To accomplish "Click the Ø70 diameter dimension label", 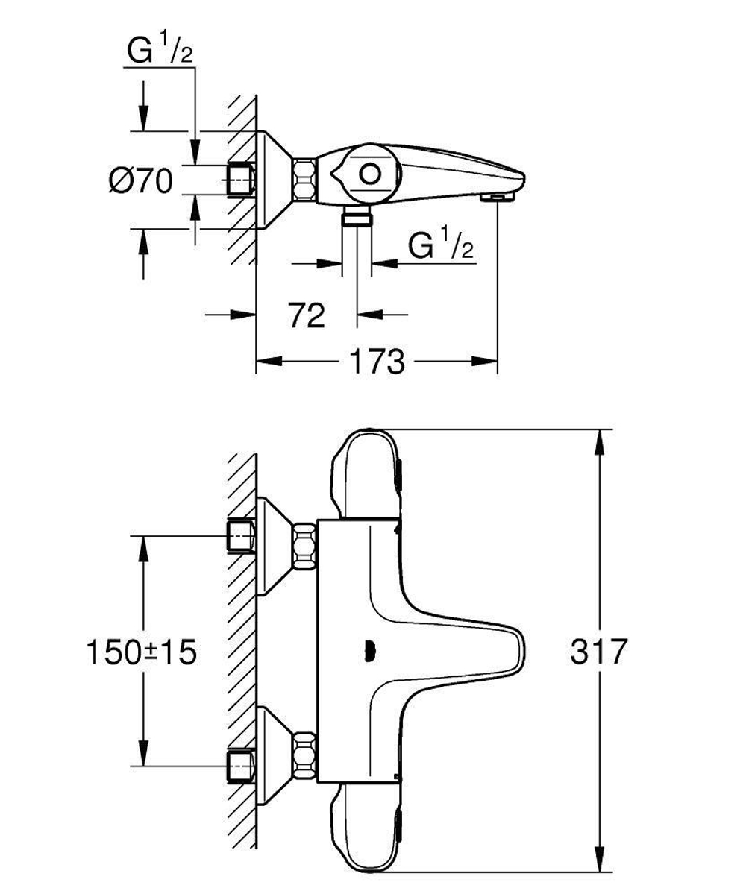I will [141, 181].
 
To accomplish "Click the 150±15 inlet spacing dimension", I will [141, 652].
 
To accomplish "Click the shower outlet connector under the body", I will [357, 218].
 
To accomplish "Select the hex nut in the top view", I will [304, 179].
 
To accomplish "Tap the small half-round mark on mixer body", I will [367, 652].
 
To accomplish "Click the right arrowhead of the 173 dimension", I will [489, 362].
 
